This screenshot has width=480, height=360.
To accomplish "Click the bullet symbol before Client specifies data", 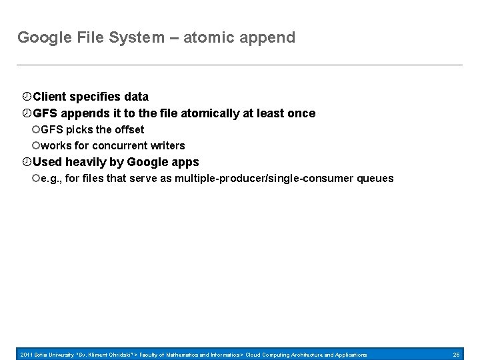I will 27,97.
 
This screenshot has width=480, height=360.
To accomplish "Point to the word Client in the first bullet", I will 49,97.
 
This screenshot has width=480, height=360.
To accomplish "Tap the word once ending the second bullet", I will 301,113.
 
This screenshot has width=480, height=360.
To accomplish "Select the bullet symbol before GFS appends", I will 27,113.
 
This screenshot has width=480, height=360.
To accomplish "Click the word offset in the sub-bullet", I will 129,129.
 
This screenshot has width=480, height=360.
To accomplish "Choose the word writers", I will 169,145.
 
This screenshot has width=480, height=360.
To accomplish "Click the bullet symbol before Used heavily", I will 27,162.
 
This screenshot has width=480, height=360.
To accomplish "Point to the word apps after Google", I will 185,162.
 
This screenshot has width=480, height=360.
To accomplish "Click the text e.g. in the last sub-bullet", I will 50,179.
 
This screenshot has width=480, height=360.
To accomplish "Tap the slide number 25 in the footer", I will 456,355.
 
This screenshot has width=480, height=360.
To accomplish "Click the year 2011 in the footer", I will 27,355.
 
